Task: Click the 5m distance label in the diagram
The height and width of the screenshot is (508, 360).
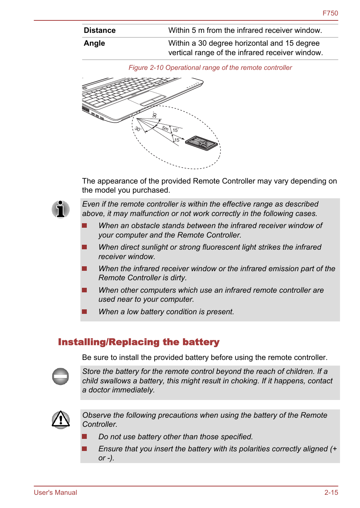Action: click(165, 128)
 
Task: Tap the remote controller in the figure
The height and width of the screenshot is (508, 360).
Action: click(202, 143)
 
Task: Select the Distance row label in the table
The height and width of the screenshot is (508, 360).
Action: click(100, 31)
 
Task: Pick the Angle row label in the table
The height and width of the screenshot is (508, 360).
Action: click(94, 43)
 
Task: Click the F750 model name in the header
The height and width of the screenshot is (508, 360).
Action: click(330, 13)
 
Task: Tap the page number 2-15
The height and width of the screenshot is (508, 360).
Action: click(331, 493)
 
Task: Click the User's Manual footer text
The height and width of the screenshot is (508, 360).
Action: click(55, 493)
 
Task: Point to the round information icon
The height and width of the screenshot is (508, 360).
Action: click(61, 209)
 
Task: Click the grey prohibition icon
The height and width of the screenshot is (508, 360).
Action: click(60, 376)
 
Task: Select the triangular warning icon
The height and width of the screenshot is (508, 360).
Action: click(61, 420)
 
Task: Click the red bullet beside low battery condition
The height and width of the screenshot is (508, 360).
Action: click(85, 312)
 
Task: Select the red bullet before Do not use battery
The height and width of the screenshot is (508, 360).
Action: click(85, 437)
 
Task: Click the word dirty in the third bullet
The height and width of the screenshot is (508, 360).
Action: click(178, 278)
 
